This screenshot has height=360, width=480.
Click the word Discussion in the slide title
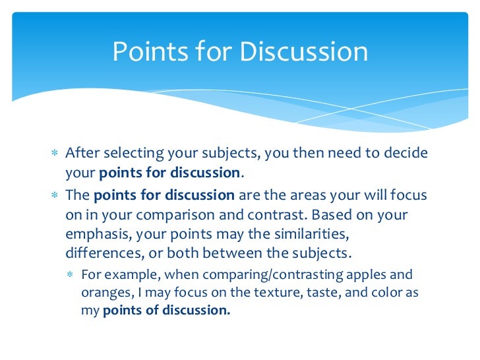click(x=304, y=51)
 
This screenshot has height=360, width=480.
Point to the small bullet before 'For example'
click(x=71, y=275)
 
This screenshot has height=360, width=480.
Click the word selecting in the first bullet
click(x=129, y=154)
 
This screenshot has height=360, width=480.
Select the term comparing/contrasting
click(x=285, y=275)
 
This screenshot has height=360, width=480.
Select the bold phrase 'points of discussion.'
click(x=167, y=311)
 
